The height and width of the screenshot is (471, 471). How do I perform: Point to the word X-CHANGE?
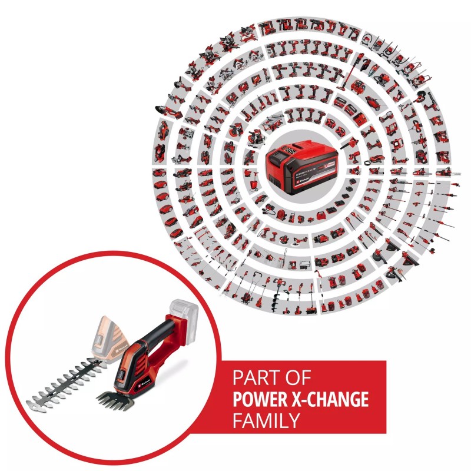coord(333,400)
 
